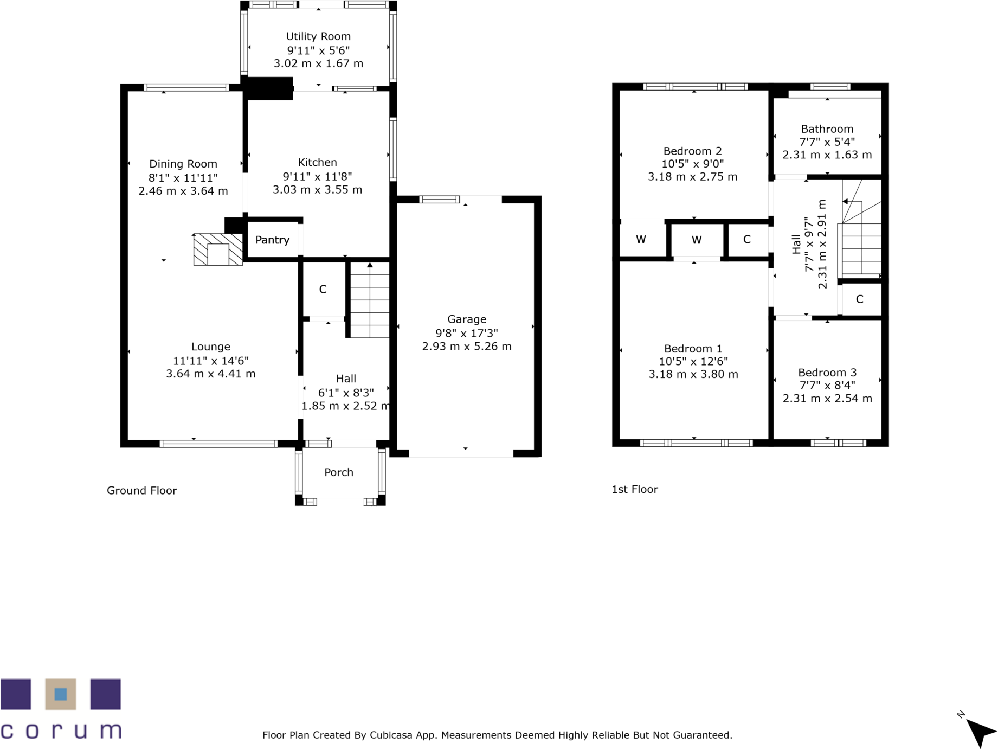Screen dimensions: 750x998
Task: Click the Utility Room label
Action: pyautogui.click(x=318, y=36)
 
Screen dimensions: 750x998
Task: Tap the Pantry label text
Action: pyautogui.click(x=272, y=240)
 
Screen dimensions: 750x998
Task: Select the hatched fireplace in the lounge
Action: pyautogui.click(x=218, y=250)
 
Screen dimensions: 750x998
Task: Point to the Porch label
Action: pyautogui.click(x=339, y=472)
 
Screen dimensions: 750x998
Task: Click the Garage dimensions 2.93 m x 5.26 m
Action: pyautogui.click(x=467, y=347)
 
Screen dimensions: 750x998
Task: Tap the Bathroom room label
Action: pyautogui.click(x=827, y=129)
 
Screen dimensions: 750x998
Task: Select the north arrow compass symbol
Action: pyautogui.click(x=980, y=732)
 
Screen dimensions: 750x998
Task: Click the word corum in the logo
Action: pyautogui.click(x=61, y=730)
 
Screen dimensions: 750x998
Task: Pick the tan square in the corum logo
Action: pyautogui.click(x=61, y=694)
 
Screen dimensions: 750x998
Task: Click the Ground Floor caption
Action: pyautogui.click(x=141, y=491)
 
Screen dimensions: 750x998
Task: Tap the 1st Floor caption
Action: pyautogui.click(x=634, y=489)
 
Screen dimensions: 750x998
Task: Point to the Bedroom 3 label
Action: pyautogui.click(x=827, y=373)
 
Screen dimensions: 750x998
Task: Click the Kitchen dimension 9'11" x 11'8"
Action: pyautogui.click(x=317, y=176)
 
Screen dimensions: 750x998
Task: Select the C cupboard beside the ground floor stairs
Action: pyautogui.click(x=323, y=290)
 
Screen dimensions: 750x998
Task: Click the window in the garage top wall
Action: pyautogui.click(x=440, y=200)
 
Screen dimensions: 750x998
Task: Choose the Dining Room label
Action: pyautogui.click(x=183, y=164)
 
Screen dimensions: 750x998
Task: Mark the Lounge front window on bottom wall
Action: pyautogui.click(x=219, y=444)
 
